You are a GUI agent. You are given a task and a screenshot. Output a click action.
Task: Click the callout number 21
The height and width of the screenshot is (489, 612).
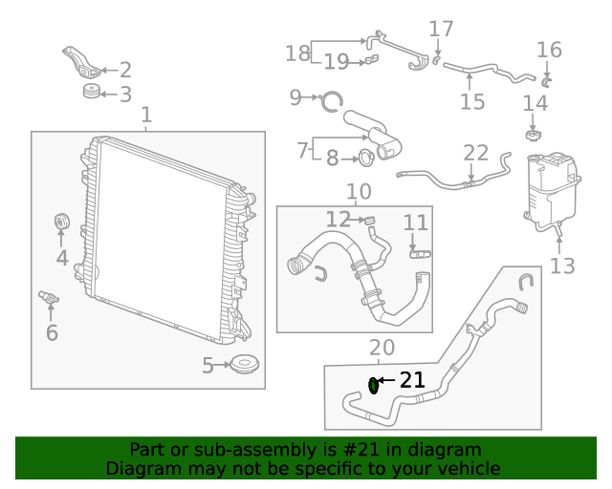(x=412, y=380)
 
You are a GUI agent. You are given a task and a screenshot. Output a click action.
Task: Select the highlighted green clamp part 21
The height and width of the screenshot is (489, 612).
(x=374, y=385)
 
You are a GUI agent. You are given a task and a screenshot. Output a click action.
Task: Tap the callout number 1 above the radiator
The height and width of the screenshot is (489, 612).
(x=146, y=116)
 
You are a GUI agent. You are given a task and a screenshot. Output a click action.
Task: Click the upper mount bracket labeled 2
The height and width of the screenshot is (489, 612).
(x=83, y=65)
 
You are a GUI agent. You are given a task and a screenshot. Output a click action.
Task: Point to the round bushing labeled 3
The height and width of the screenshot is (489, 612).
(x=92, y=93)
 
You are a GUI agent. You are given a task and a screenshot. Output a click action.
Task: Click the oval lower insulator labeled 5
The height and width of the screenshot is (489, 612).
(x=247, y=365)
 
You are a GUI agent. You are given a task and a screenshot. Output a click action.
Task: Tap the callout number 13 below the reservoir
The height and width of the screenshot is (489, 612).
(x=562, y=265)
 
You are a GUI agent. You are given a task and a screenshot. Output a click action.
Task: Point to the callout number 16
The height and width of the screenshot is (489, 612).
(x=549, y=50)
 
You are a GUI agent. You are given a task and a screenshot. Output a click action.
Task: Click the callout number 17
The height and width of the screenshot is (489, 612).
(x=441, y=30)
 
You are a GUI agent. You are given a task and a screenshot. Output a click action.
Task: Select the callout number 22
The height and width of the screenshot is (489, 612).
(x=475, y=153)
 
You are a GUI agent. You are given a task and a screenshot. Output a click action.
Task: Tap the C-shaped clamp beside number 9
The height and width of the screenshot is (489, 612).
(x=330, y=98)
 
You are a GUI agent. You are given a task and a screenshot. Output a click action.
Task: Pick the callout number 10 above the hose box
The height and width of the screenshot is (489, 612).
(x=359, y=192)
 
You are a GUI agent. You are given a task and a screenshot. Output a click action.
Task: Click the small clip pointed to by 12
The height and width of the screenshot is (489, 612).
(x=367, y=221)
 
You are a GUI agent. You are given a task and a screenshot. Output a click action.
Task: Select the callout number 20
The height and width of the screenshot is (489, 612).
(x=382, y=348)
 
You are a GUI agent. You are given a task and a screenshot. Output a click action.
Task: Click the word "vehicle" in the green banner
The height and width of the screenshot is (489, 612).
(x=468, y=469)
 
